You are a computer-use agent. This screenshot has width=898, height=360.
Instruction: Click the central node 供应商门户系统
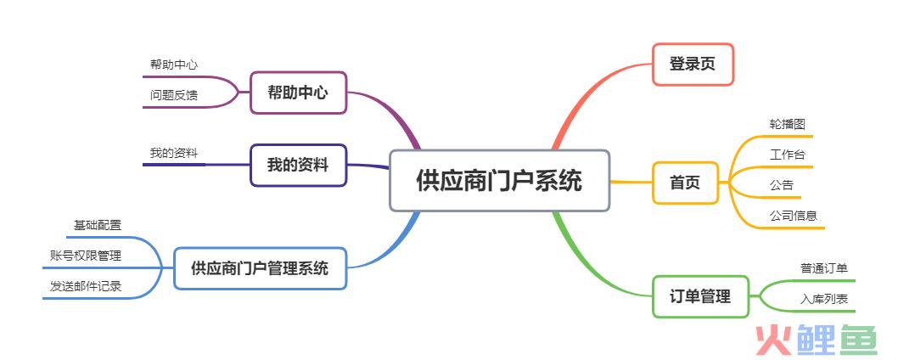click(499, 181)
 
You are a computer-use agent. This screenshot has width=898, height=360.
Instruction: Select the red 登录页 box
click(693, 65)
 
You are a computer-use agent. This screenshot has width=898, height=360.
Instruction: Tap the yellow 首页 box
click(685, 183)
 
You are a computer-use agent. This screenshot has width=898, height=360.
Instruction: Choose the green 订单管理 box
click(700, 296)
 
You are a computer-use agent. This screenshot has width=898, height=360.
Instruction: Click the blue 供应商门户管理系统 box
click(260, 267)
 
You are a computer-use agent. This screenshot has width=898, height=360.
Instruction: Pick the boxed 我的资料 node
click(299, 165)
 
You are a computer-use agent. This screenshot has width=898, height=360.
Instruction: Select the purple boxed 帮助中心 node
click(299, 93)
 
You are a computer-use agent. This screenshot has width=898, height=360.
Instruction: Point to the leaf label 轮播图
click(788, 124)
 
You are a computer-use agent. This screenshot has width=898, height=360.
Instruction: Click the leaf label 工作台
click(788, 155)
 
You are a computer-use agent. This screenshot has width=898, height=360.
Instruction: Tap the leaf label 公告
click(782, 184)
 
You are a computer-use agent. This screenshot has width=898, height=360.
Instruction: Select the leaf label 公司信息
click(794, 216)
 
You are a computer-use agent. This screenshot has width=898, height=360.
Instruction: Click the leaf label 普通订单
click(824, 267)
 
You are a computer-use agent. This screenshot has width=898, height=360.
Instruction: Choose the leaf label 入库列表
click(824, 299)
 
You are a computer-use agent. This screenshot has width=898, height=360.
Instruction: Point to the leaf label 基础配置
click(98, 225)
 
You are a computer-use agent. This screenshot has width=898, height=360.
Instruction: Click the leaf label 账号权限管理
click(86, 256)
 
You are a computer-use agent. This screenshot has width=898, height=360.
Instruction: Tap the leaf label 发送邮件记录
click(86, 286)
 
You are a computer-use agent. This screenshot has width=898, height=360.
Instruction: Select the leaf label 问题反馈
click(174, 95)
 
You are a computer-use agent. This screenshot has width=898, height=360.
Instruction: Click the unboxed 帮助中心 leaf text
click(174, 65)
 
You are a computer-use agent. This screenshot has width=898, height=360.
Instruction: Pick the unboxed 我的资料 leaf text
click(174, 153)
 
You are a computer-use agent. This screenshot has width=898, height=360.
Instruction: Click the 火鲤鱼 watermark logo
click(817, 340)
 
